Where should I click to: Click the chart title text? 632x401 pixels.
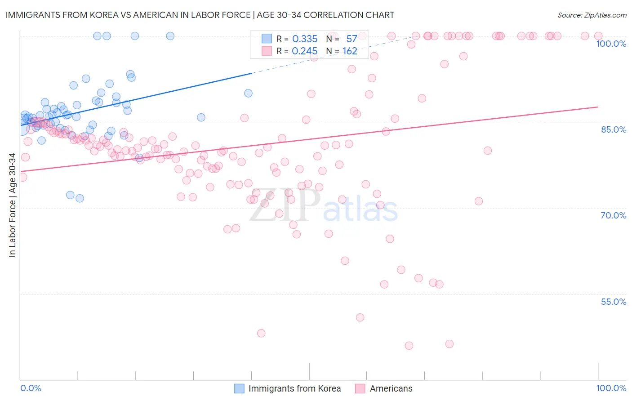click(x=200, y=15)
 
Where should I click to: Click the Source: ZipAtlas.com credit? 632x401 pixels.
click(x=592, y=15)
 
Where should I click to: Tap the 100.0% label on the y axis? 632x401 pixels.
click(x=611, y=44)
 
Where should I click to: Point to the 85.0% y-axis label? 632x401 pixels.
click(x=614, y=129)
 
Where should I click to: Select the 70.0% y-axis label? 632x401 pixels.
click(x=614, y=215)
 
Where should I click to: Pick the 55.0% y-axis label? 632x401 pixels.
click(x=614, y=302)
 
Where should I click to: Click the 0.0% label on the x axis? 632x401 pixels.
click(x=31, y=388)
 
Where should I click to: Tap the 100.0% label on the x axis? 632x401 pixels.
click(x=611, y=388)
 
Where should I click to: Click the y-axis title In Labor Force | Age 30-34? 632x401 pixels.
click(x=12, y=205)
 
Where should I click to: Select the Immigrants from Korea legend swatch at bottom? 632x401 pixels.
click(x=240, y=388)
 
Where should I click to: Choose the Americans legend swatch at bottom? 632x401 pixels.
click(x=360, y=388)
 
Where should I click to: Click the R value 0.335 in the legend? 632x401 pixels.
click(x=305, y=39)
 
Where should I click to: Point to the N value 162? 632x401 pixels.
click(x=350, y=51)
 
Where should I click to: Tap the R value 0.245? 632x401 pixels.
click(x=305, y=51)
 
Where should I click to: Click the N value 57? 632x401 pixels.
click(x=352, y=39)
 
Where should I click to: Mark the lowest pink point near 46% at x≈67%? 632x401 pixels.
click(x=409, y=346)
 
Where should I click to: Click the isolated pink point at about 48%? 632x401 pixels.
click(x=261, y=333)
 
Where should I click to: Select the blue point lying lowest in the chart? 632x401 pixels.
click(x=80, y=198)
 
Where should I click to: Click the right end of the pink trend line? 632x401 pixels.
click(x=598, y=107)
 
